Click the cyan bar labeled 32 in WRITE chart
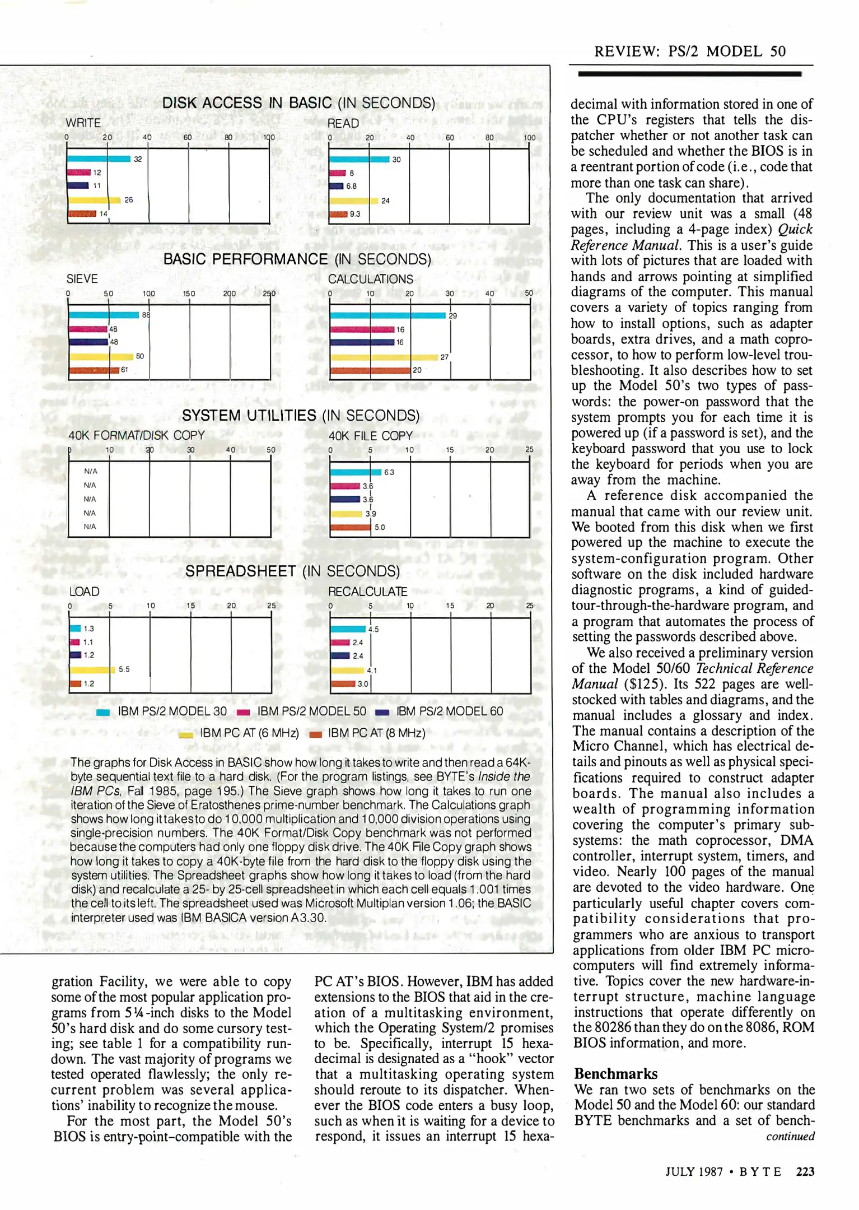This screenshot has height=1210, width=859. (99, 159)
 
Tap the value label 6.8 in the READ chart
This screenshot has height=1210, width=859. (351, 187)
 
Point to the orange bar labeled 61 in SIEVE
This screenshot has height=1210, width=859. (94, 370)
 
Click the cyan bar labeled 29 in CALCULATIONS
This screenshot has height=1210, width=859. (388, 315)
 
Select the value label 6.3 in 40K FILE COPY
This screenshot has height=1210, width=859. (389, 472)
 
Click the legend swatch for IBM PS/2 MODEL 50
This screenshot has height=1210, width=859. (243, 713)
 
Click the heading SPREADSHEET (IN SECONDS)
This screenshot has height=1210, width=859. (292, 571)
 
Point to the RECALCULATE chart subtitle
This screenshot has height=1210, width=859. (367, 592)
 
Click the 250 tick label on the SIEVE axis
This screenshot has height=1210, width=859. (269, 294)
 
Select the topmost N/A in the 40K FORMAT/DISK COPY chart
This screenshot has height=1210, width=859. (90, 472)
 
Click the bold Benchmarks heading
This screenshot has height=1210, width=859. (615, 1074)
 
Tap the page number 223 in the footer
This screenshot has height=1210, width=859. (805, 1172)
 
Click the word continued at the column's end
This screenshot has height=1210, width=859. (790, 1136)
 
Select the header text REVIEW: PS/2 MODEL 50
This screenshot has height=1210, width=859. (689, 52)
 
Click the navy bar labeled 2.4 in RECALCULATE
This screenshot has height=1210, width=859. (340, 656)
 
